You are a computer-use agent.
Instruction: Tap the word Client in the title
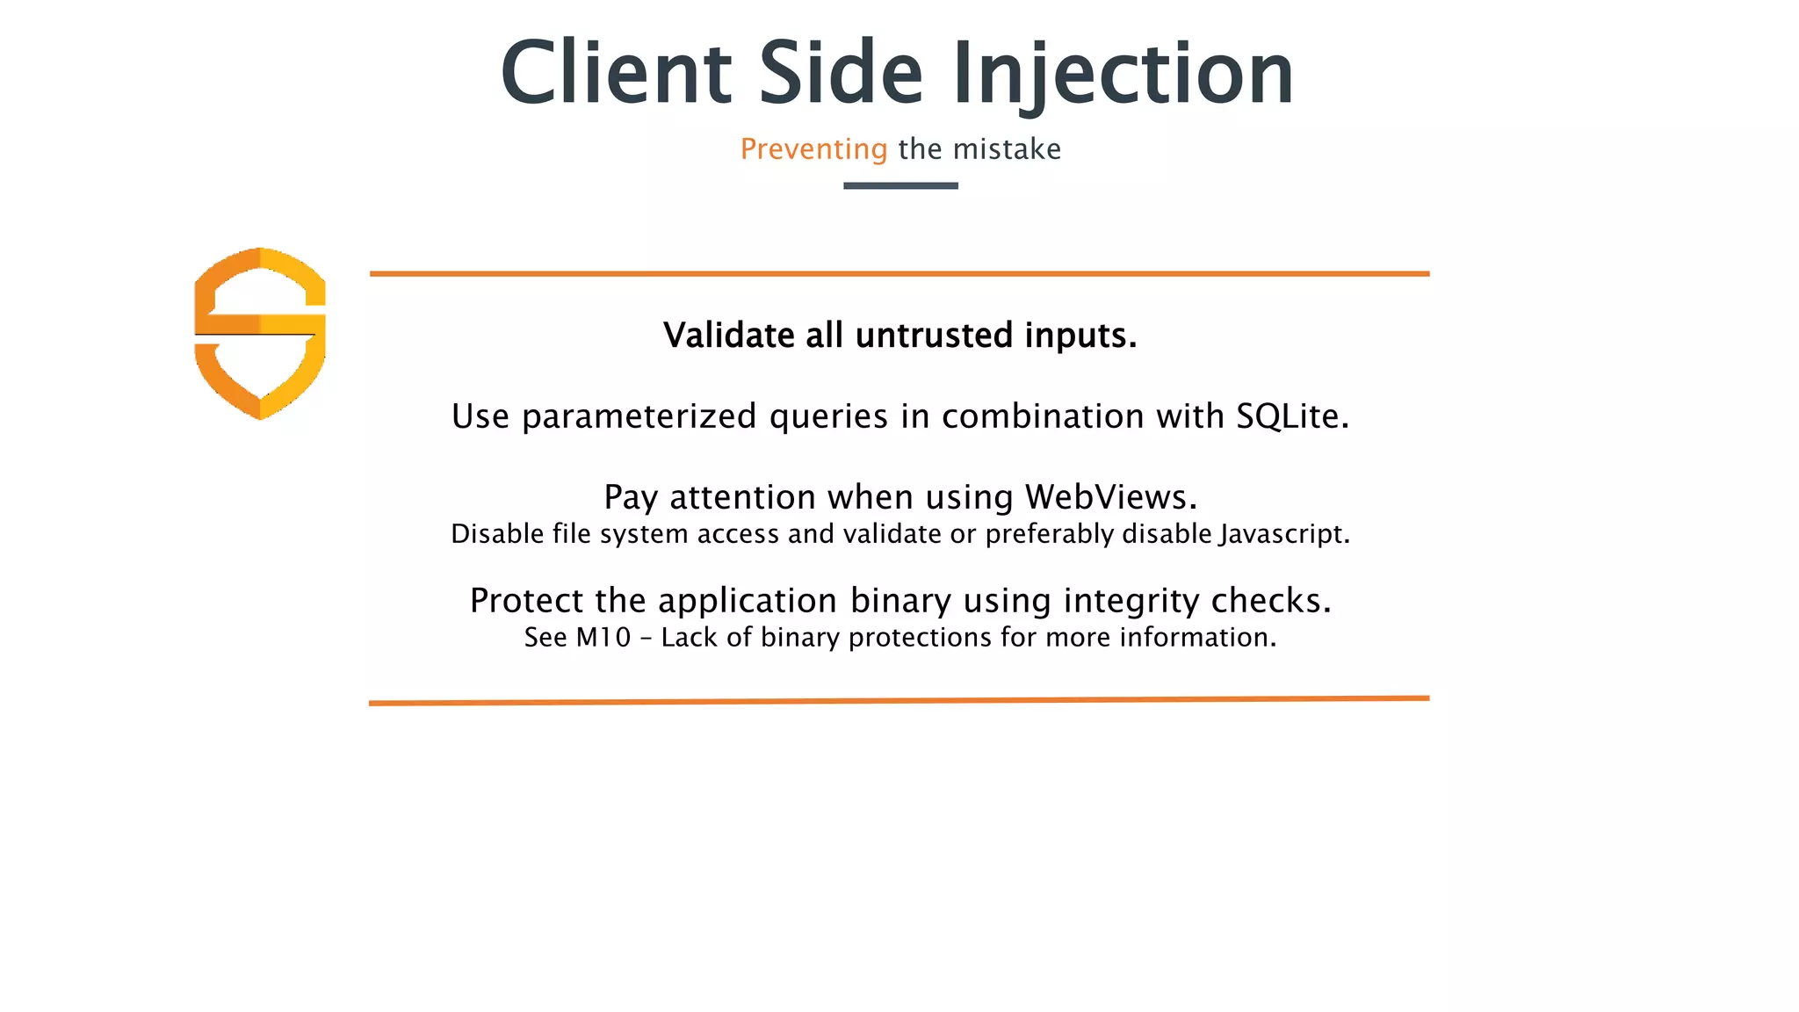tap(616, 75)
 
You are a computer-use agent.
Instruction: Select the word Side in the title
tap(841, 75)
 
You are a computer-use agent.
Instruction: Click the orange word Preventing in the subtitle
tap(813, 149)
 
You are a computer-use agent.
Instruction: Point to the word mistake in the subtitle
tap(1007, 149)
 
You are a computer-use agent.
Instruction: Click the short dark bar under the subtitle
tap(900, 185)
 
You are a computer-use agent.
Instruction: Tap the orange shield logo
tap(260, 333)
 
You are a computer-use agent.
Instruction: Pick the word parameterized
tap(639, 416)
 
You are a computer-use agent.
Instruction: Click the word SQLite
tap(1292, 416)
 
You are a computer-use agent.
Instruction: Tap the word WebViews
tap(1110, 497)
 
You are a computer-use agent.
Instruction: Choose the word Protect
tap(527, 601)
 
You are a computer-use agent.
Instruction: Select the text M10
tap(603, 638)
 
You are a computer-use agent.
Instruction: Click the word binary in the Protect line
tap(900, 601)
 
